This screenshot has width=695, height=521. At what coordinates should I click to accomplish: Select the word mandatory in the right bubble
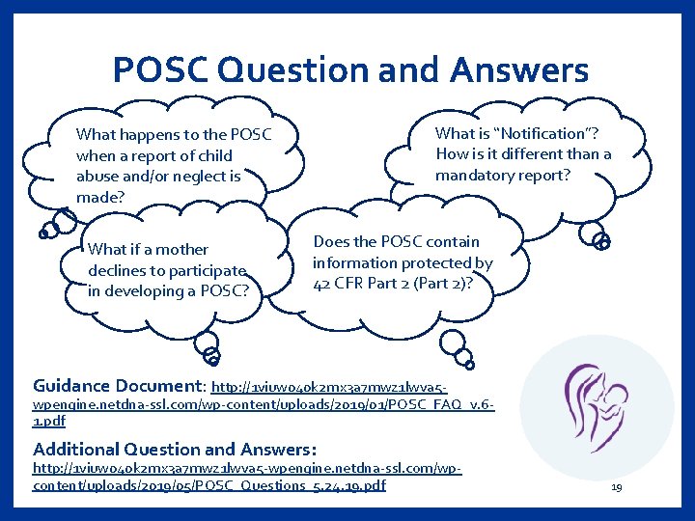point(479,176)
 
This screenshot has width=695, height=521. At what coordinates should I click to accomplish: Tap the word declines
point(118,270)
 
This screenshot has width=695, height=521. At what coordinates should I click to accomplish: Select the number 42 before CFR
point(322,284)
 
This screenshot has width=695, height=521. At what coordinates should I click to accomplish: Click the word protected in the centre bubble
point(439,262)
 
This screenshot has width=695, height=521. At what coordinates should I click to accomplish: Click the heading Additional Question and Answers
point(174,449)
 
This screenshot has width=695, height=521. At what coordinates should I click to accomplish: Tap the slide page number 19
point(616,488)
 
